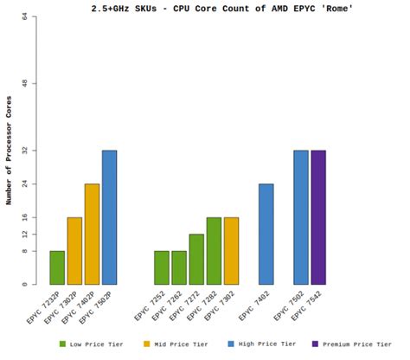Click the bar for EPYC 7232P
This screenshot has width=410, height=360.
point(57,267)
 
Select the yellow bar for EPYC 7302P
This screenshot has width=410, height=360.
point(74,251)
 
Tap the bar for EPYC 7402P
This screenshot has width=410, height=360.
point(92,234)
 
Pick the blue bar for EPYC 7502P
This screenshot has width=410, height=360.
point(109,217)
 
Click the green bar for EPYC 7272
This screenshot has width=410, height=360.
point(196,260)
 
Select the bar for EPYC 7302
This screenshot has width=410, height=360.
point(231,251)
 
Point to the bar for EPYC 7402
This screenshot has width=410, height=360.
point(266,234)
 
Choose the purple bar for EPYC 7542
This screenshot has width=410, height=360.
point(318,217)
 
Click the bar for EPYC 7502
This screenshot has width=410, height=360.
point(301,217)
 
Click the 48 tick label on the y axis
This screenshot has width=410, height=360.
point(25,83)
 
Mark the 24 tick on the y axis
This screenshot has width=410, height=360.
point(25,183)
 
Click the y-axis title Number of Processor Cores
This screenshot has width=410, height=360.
point(9,151)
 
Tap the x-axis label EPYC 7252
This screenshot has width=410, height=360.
point(149,307)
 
